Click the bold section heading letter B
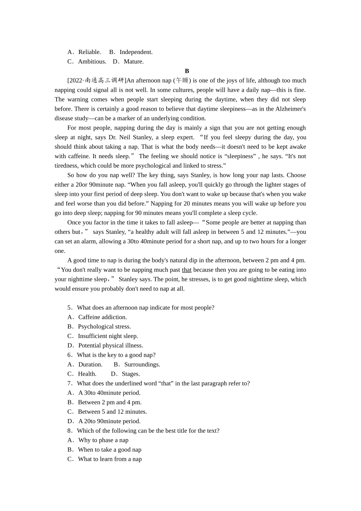click(x=187, y=71)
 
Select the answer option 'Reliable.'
click(x=89, y=52)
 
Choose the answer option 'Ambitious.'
click(x=92, y=62)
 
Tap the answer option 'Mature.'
click(x=133, y=62)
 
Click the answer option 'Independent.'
click(x=136, y=52)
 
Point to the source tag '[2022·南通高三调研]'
click(x=97, y=81)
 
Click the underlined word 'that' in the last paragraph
click(x=187, y=270)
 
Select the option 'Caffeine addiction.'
click(x=102, y=317)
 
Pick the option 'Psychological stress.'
click(x=104, y=327)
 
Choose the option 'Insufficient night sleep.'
click(x=108, y=336)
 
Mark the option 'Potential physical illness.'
click(x=110, y=346)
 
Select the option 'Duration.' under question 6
click(x=90, y=365)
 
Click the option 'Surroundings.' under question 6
click(x=142, y=365)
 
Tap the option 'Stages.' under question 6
click(x=131, y=374)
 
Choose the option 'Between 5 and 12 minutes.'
click(x=112, y=412)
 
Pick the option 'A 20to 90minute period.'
click(x=109, y=421)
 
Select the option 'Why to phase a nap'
click(x=103, y=440)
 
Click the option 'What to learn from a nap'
click(x=109, y=459)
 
